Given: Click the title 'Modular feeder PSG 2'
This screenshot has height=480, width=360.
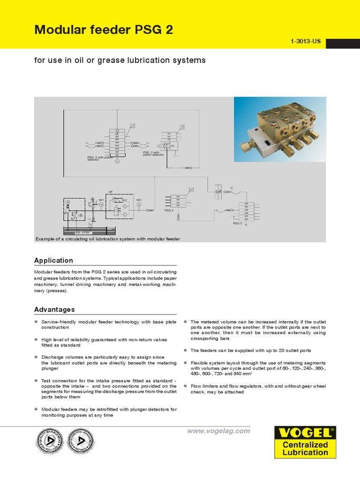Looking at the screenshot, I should (104, 30).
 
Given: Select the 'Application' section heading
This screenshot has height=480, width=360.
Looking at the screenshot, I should (53, 260).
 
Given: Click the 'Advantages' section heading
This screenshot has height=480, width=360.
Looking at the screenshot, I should (54, 309).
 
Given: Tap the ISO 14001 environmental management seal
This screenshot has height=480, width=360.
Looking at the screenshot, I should (81, 442).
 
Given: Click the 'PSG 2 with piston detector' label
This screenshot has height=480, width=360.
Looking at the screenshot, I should (153, 153).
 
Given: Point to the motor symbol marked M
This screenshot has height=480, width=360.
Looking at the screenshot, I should (68, 202).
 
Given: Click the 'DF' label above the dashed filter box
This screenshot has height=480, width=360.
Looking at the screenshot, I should (111, 192).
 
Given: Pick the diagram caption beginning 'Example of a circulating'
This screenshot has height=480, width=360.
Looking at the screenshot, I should (108, 239).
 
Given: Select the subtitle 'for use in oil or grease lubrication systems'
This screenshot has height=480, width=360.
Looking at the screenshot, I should (120, 60).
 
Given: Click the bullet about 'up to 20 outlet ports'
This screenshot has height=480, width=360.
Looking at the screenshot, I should (250, 350).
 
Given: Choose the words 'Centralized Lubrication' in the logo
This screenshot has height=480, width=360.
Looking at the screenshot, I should (305, 449).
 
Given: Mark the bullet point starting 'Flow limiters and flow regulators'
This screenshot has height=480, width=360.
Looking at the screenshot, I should (264, 389).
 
